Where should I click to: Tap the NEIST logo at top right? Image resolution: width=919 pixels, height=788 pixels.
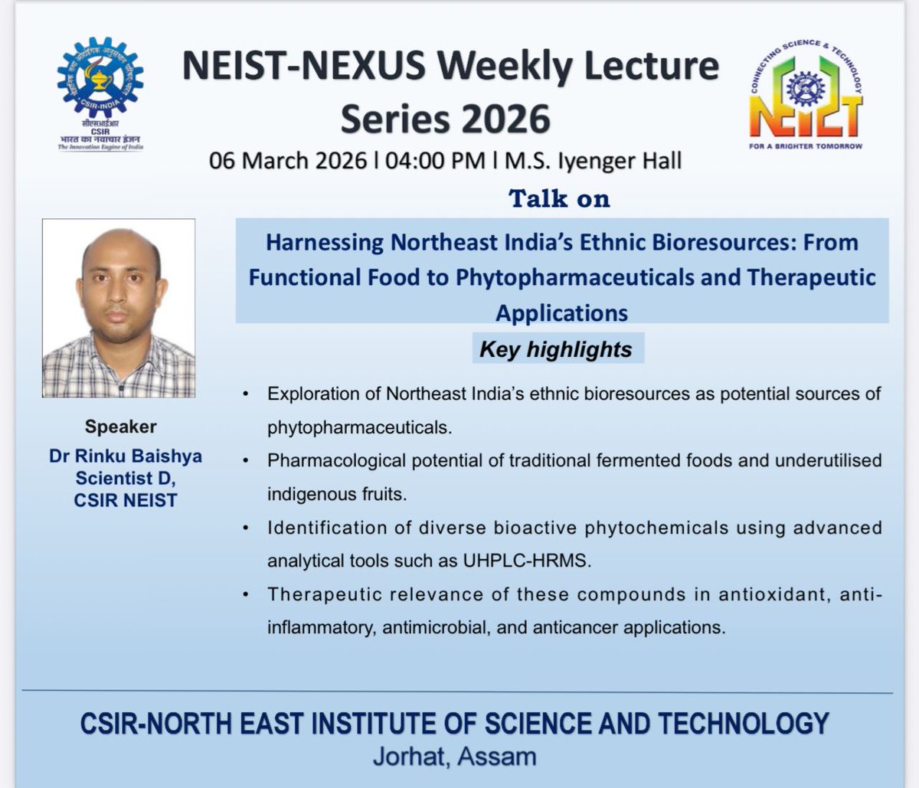(806, 95)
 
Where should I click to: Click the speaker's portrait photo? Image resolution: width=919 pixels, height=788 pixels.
(119, 308)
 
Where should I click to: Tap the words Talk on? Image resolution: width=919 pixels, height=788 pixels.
(560, 198)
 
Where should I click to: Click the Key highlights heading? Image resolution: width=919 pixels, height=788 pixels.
(555, 349)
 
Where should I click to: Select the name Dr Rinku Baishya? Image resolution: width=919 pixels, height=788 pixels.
(126, 456)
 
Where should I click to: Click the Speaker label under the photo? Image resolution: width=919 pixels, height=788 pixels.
(121, 427)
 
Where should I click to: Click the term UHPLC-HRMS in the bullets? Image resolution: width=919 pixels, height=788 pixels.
(527, 561)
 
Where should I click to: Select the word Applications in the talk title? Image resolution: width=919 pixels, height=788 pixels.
(561, 312)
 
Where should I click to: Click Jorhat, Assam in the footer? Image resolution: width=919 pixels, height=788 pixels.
(454, 757)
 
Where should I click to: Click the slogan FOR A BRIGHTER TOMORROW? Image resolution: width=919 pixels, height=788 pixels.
(806, 146)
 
